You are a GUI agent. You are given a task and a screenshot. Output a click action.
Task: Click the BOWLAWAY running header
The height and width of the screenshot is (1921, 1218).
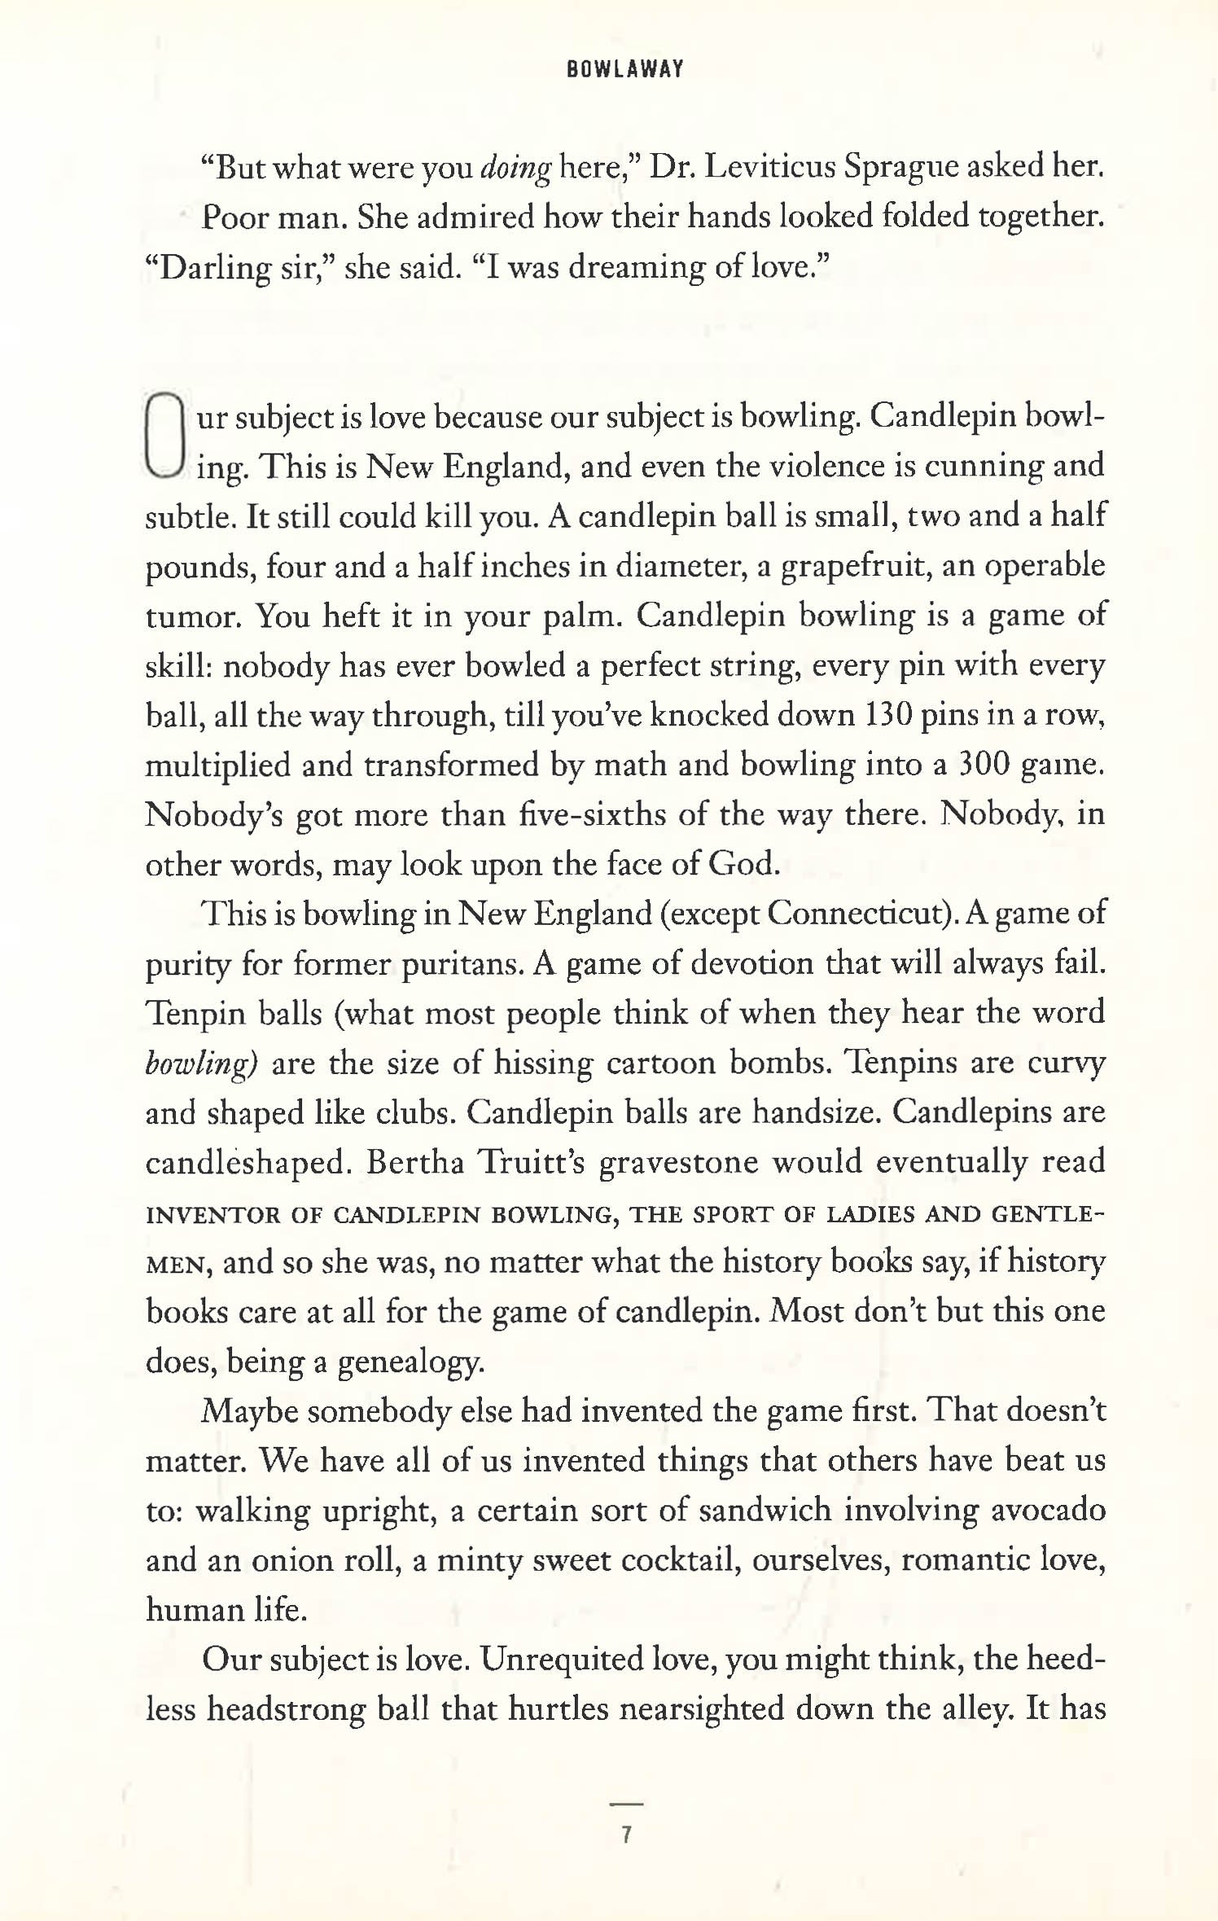pos(624,70)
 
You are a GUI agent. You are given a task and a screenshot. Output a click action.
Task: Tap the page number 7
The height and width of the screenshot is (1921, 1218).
pos(626,1835)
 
